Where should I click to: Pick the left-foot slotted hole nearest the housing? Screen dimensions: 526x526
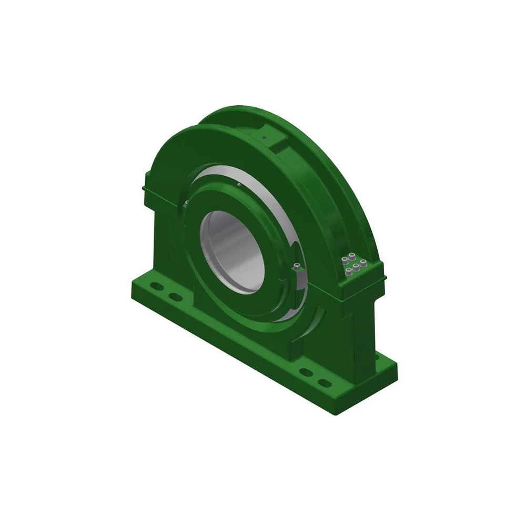click(x=177, y=298)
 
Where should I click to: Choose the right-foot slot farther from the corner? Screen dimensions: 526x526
click(x=304, y=371)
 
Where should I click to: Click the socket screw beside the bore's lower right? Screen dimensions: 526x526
click(x=298, y=266)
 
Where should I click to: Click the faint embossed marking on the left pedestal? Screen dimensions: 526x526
click(x=175, y=258)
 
